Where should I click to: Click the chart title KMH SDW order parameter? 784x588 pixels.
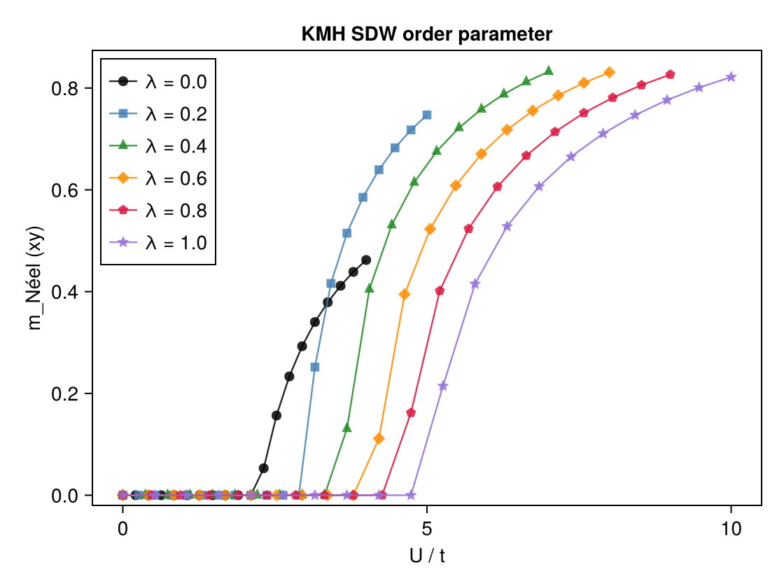[427, 34]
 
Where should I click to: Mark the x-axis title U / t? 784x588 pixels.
[427, 556]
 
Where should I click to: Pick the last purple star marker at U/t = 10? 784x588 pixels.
[731, 77]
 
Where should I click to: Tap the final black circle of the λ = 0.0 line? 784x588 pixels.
[365, 260]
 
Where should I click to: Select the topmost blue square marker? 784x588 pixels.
[427, 115]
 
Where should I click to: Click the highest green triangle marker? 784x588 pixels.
[549, 71]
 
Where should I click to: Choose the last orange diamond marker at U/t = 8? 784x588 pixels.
[610, 73]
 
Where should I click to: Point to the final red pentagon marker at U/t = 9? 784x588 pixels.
[671, 75]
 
